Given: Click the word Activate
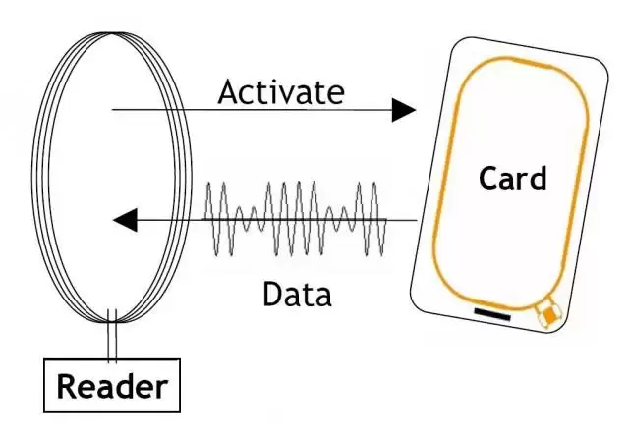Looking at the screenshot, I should pyautogui.click(x=281, y=92).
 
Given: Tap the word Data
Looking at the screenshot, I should pyautogui.click(x=297, y=293).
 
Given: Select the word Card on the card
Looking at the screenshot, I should pyautogui.click(x=512, y=179).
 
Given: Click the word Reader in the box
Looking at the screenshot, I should pyautogui.click(x=112, y=386).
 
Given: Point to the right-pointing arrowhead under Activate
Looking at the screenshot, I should pyautogui.click(x=403, y=110).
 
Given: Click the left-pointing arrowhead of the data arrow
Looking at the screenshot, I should pyautogui.click(x=125, y=220).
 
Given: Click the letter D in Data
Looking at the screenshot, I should pyautogui.click(x=272, y=293).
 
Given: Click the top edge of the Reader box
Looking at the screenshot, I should pyautogui.click(x=112, y=361).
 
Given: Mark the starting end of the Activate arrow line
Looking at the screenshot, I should pyautogui.click(x=113, y=110).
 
